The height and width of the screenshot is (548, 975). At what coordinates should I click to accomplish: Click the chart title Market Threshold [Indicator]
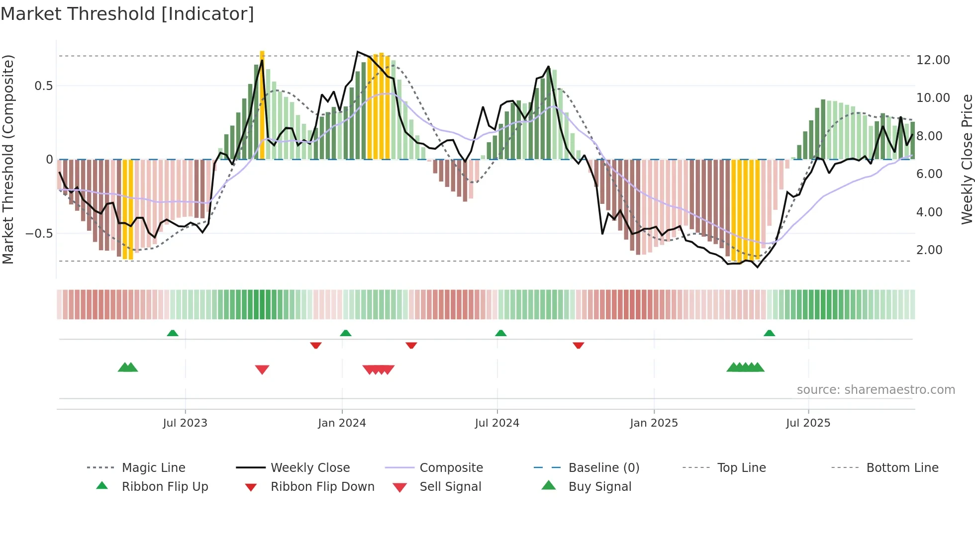pyautogui.click(x=127, y=14)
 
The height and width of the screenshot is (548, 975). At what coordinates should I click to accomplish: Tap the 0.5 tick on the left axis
pyautogui.click(x=43, y=86)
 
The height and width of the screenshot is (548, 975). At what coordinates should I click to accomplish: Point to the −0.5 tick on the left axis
pyautogui.click(x=39, y=233)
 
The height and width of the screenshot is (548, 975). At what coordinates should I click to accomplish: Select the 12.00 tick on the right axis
pyautogui.click(x=933, y=60)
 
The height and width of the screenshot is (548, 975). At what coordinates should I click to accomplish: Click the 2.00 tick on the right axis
pyautogui.click(x=929, y=250)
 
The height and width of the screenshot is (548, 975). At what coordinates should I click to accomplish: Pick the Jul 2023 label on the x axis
pyautogui.click(x=185, y=423)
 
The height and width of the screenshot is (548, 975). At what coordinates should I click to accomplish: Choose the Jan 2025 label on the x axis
pyautogui.click(x=654, y=423)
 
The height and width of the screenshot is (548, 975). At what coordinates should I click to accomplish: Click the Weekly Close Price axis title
pyautogui.click(x=967, y=159)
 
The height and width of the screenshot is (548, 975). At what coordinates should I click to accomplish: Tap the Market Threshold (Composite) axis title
pyautogui.click(x=8, y=159)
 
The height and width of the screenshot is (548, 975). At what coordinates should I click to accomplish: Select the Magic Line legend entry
pyautogui.click(x=153, y=468)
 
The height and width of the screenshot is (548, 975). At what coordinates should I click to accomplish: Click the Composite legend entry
pyautogui.click(x=451, y=468)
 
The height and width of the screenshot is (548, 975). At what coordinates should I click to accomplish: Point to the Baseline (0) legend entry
pyautogui.click(x=603, y=468)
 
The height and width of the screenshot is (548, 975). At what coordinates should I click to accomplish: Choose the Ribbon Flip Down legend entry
pyautogui.click(x=322, y=487)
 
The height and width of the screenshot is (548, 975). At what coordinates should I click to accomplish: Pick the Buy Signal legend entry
pyautogui.click(x=599, y=487)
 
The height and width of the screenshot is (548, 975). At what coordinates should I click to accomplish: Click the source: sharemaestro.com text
pyautogui.click(x=876, y=390)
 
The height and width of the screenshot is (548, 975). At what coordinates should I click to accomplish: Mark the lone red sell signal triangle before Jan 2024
pyautogui.click(x=262, y=369)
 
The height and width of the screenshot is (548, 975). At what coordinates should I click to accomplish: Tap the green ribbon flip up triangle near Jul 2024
pyautogui.click(x=501, y=333)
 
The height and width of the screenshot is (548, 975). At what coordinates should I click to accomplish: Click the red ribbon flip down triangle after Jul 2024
pyautogui.click(x=578, y=345)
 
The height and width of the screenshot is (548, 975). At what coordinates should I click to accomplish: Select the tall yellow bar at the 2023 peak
pyautogui.click(x=262, y=104)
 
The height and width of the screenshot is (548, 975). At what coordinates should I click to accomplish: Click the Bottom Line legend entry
pyautogui.click(x=902, y=468)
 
